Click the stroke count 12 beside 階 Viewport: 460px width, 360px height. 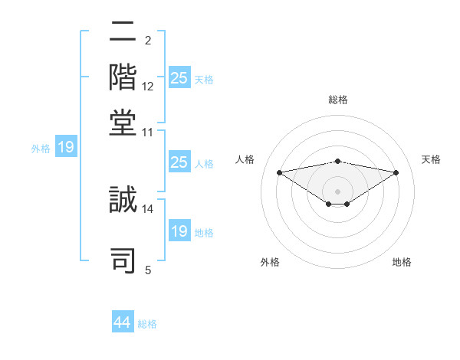coord(148,86)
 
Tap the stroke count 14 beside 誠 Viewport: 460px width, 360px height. coord(148,208)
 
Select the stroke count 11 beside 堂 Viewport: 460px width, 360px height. coord(148,132)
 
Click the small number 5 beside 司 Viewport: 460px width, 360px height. coord(148,270)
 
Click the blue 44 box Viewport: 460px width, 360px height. coord(123,322)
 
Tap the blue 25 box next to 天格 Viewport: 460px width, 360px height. coord(179,78)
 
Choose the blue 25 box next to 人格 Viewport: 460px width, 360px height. coord(179,162)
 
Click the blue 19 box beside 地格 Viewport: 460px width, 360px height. coord(179,231)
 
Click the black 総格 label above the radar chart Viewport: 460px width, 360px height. coord(338,100)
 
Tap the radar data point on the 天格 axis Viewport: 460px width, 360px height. coord(396,172)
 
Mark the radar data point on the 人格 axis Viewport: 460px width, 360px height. coord(279,172)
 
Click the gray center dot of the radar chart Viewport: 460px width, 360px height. coord(338,191)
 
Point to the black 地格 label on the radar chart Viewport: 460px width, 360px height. coord(402,262)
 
